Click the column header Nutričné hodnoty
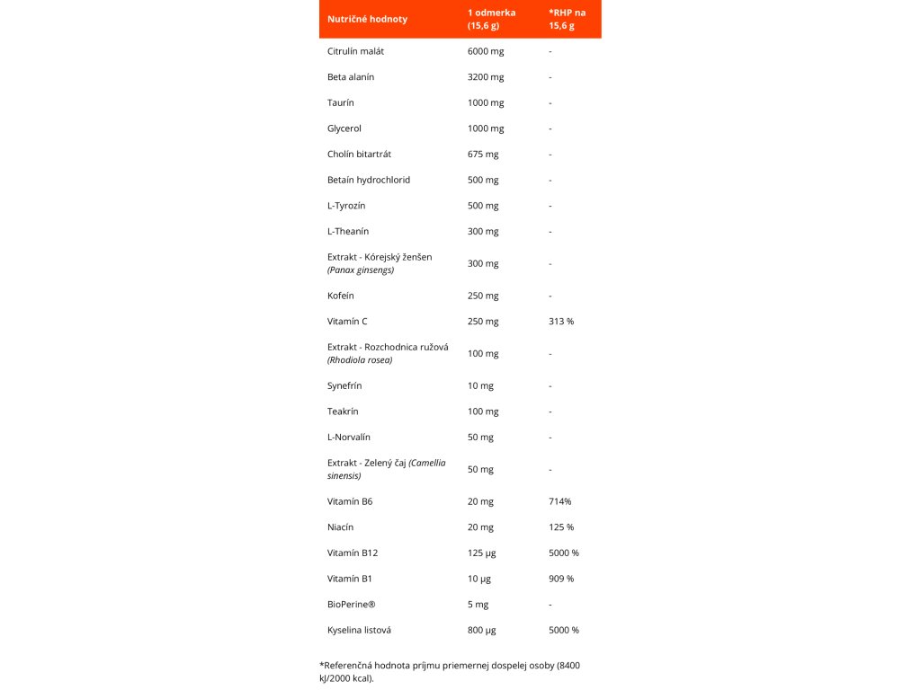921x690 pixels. point(367,19)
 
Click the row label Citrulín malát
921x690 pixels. point(356,51)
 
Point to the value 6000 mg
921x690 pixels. point(486,51)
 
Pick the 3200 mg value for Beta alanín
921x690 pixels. point(486,77)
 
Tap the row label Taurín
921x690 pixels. point(341,102)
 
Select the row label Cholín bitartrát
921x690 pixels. point(359,155)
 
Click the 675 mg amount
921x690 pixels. point(483,155)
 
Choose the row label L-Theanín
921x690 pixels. point(348,232)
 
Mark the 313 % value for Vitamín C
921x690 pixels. point(561,322)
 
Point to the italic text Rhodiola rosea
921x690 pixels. point(360,360)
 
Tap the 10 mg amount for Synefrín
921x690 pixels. point(480,385)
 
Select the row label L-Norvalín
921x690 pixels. point(349,438)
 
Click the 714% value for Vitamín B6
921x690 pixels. point(559,501)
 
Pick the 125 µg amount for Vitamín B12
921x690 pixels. point(483,553)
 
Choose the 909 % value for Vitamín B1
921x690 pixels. point(561,579)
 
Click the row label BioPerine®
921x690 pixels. point(350,605)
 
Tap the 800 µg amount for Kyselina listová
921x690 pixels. point(482,631)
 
